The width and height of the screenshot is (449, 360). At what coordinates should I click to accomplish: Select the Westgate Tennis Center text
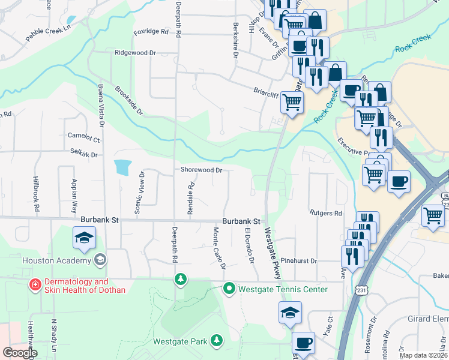click(x=283, y=289)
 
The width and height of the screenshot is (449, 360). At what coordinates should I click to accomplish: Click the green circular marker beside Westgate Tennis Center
click(x=229, y=289)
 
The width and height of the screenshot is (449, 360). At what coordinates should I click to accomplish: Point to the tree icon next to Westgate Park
click(x=216, y=341)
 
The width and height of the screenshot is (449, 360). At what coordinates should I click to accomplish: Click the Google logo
click(x=20, y=353)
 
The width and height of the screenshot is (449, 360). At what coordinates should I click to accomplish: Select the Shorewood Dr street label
click(x=202, y=170)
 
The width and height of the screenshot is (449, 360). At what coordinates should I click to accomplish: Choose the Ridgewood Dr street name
click(x=135, y=53)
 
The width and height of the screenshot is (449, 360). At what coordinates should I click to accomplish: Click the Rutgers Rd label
click(x=326, y=213)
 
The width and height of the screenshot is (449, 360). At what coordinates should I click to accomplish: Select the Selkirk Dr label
click(x=83, y=154)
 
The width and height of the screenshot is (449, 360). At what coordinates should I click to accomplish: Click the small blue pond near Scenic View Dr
click(x=122, y=167)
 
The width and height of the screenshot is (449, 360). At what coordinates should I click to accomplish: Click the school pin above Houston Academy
click(x=84, y=238)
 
